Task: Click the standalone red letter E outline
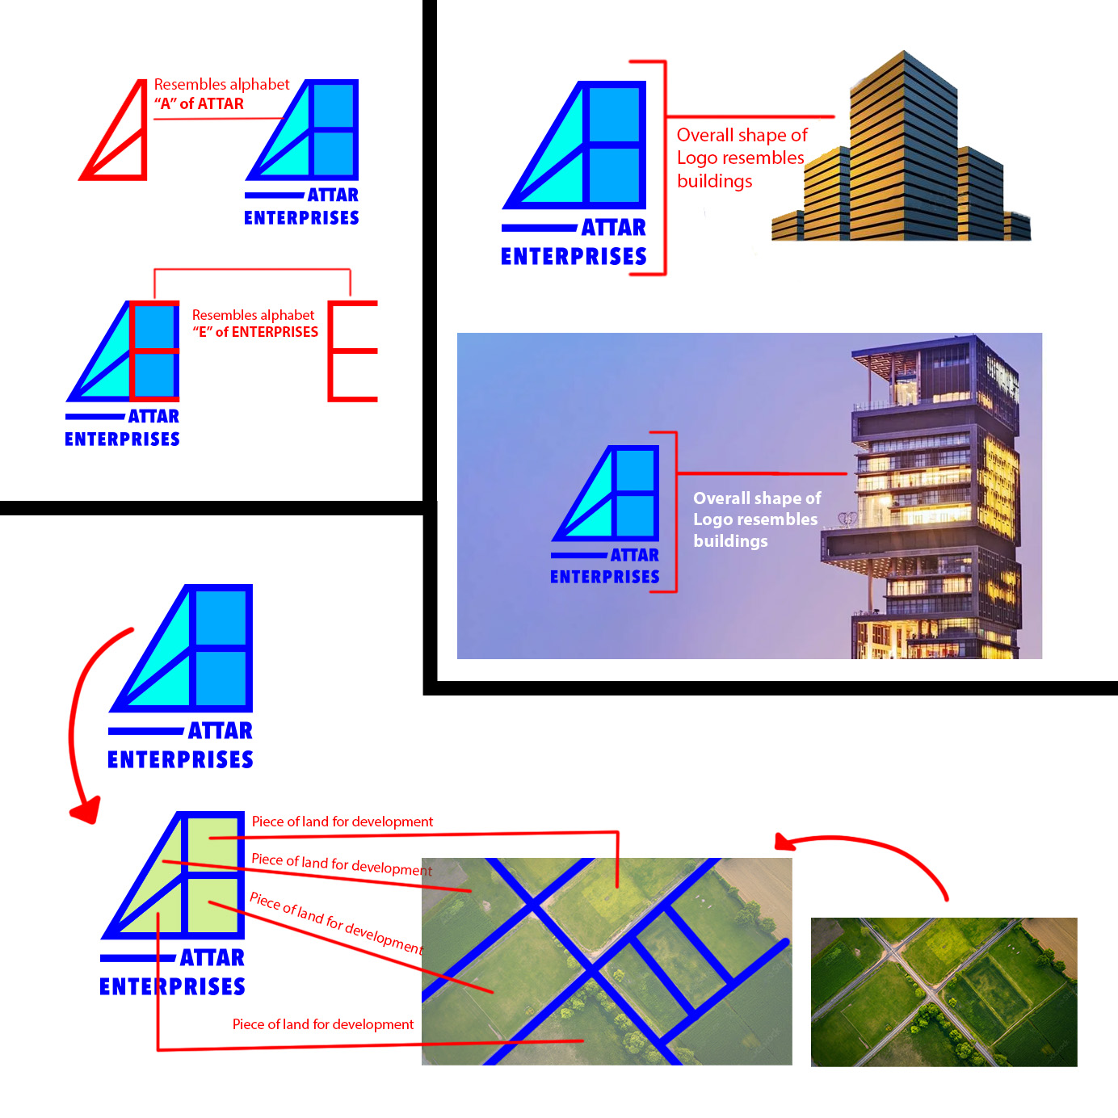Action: tap(331, 351)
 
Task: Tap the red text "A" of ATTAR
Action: tap(199, 104)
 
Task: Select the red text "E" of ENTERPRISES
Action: tap(255, 332)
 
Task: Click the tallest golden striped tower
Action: tap(903, 145)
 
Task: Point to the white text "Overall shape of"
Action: tap(757, 498)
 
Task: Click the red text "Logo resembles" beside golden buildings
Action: tap(740, 158)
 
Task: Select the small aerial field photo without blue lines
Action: tap(944, 992)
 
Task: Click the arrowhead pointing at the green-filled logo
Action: tap(87, 809)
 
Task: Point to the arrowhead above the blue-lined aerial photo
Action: tap(784, 841)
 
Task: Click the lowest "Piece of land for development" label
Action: tap(323, 1024)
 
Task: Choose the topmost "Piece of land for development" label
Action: tap(343, 822)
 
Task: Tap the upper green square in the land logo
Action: tap(213, 843)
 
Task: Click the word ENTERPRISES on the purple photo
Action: tap(605, 577)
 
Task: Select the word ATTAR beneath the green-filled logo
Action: tap(212, 958)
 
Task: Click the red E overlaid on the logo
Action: tap(132, 351)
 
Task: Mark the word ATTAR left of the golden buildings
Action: tap(614, 228)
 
